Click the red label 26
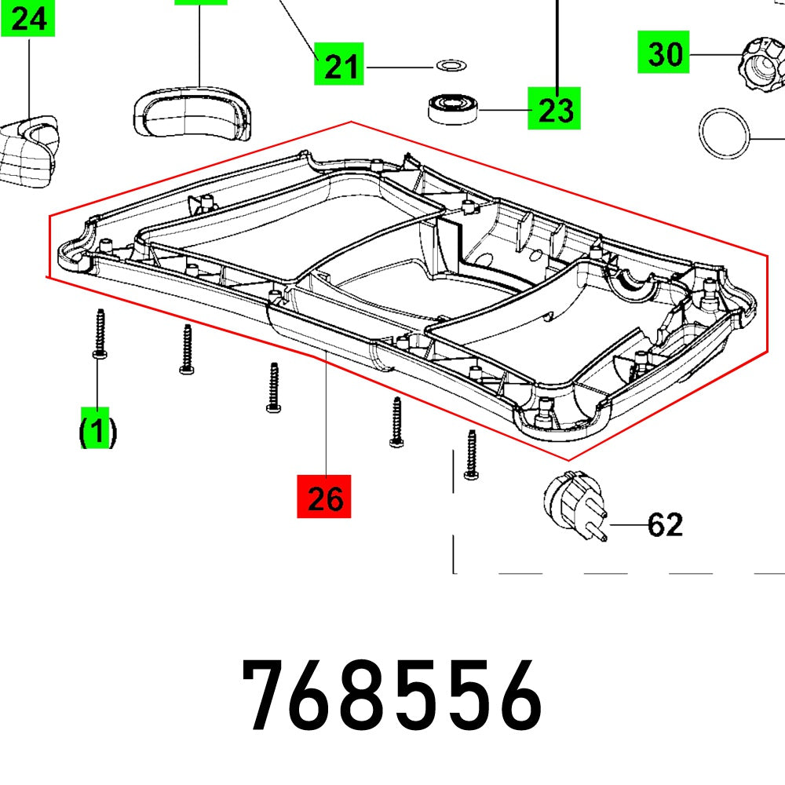tap(324, 496)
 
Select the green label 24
tap(29, 18)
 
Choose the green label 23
tap(555, 110)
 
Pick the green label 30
tap(664, 54)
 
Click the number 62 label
tap(664, 524)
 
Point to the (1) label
tap(97, 431)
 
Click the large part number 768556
tap(392, 696)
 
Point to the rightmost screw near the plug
tap(471, 455)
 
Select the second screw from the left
tap(187, 349)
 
